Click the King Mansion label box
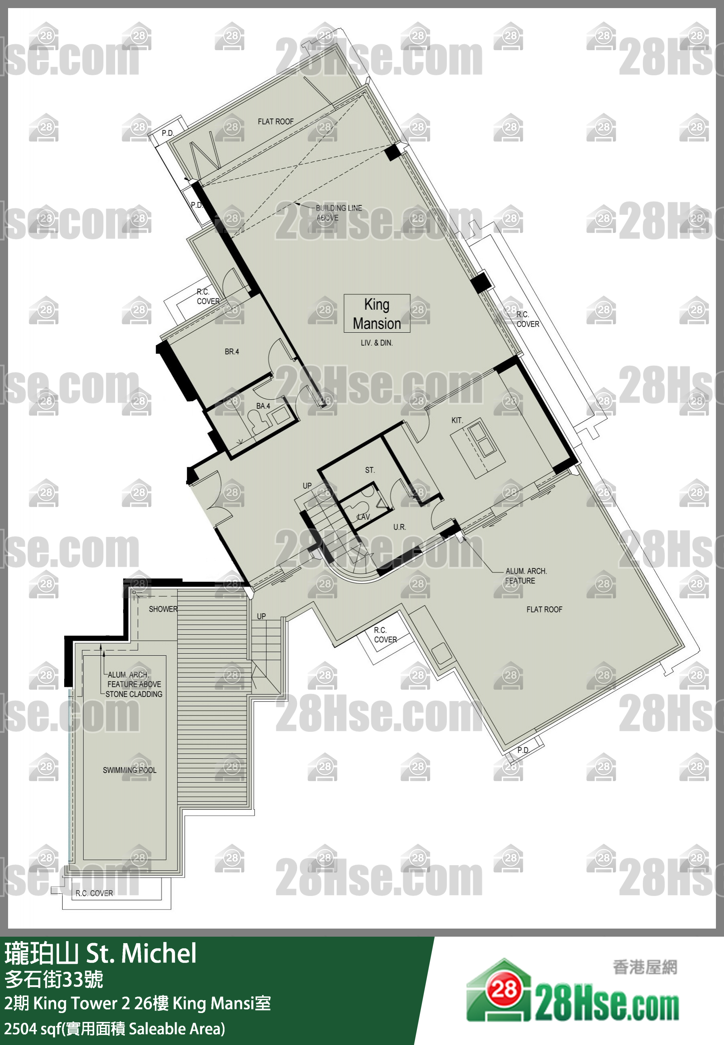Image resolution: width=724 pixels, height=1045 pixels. [x=377, y=314]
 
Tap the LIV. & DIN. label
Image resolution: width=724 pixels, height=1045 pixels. [x=377, y=343]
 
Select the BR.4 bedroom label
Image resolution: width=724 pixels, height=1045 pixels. [x=232, y=351]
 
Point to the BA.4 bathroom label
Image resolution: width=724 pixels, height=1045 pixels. [x=263, y=406]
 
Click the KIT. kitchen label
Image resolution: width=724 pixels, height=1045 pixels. [x=457, y=420]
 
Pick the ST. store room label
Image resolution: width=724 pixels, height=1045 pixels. [x=370, y=470]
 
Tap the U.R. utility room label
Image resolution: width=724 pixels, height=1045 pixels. [x=399, y=527]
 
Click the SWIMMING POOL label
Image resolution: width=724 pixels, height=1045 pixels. [x=129, y=770]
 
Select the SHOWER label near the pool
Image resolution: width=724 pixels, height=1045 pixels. [x=163, y=609]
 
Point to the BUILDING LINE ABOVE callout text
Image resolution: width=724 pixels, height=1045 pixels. [x=339, y=213]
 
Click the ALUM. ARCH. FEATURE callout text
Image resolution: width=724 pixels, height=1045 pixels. [x=526, y=576]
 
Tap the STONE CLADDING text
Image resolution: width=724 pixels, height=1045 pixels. [x=134, y=694]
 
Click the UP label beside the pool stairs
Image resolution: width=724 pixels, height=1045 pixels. [x=261, y=616]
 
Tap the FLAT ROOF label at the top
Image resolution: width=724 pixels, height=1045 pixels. [x=276, y=121]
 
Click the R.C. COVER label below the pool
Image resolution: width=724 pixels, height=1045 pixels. [x=94, y=893]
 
